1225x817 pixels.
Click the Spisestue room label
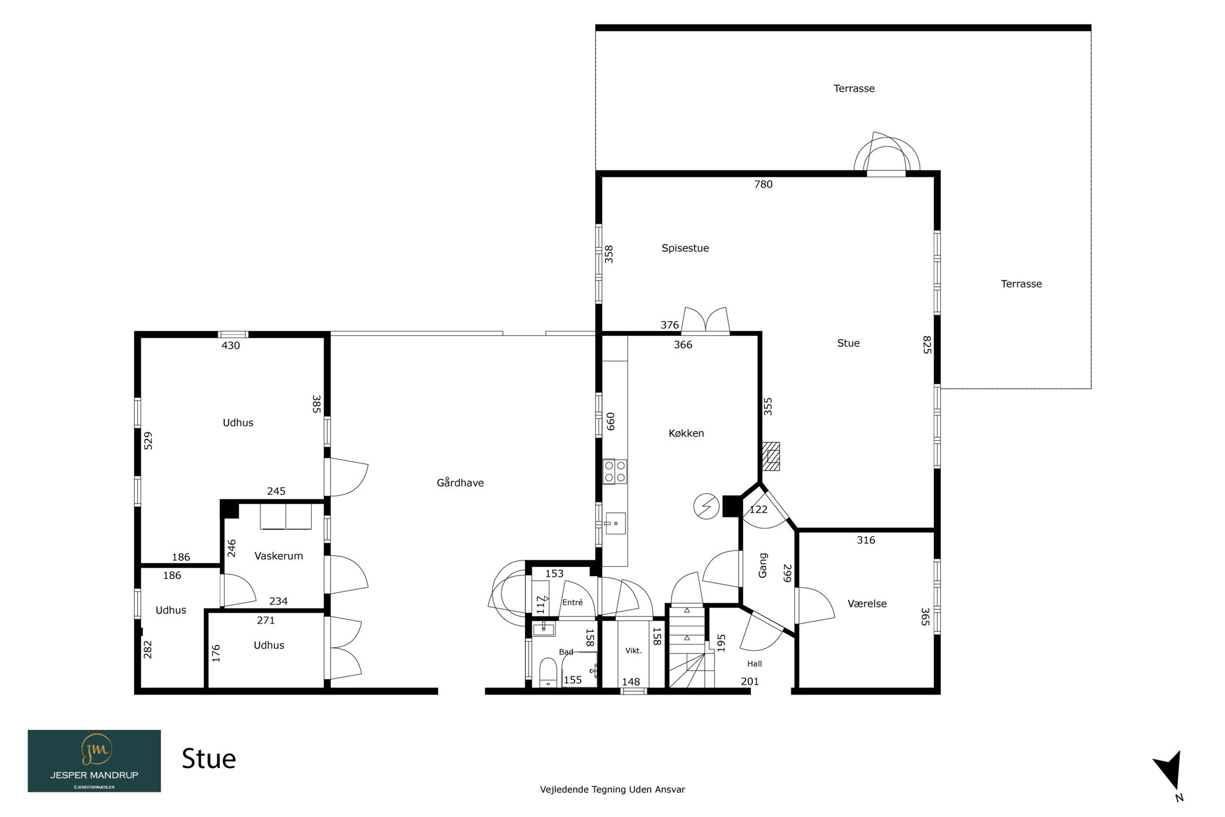(685, 248)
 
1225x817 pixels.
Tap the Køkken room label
(686, 433)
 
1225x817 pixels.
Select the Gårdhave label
(460, 483)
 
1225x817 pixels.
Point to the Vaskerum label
(279, 556)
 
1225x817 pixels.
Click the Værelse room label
(867, 604)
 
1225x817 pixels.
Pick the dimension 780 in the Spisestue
(763, 184)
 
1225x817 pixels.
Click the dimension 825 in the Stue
(927, 344)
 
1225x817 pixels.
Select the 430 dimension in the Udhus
(230, 346)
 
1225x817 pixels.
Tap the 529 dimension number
(148, 441)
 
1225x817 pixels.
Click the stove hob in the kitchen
(615, 471)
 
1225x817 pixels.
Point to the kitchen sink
(616, 523)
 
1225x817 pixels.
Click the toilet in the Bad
(548, 673)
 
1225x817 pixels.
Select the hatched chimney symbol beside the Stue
(771, 457)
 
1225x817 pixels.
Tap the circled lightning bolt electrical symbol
(706, 507)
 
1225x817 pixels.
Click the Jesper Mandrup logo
(94, 761)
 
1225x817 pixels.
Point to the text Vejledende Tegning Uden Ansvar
(612, 789)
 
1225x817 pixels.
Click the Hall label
(755, 664)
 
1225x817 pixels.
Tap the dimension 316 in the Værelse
(866, 541)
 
